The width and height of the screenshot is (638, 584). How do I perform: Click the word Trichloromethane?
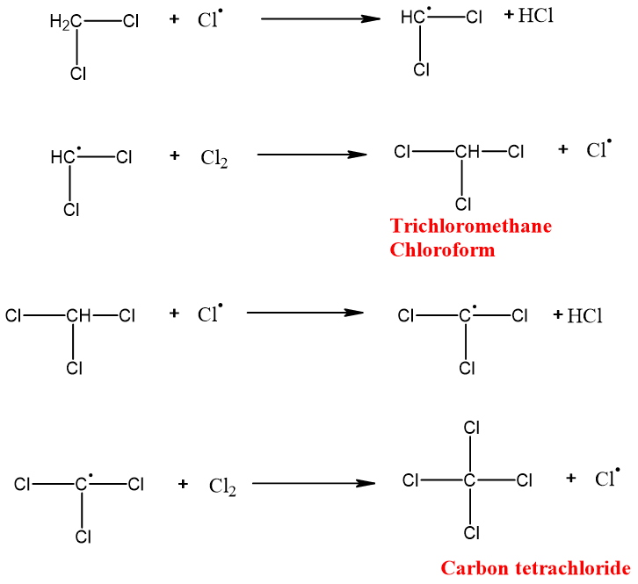pyautogui.click(x=471, y=227)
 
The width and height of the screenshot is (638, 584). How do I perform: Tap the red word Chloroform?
pyautogui.click(x=442, y=249)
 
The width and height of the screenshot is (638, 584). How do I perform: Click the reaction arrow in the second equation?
pyautogui.click(x=311, y=155)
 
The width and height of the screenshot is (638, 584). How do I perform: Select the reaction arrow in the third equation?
pyautogui.click(x=305, y=313)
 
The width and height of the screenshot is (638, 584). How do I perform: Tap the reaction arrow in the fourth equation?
pyautogui.click(x=308, y=483)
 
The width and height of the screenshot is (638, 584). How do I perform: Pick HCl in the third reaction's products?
pyautogui.click(x=584, y=316)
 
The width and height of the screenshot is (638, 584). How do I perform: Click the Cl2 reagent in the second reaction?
pyautogui.click(x=214, y=159)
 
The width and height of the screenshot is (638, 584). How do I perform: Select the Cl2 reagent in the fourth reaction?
pyautogui.click(x=222, y=487)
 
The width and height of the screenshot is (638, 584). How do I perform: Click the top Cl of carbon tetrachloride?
pyautogui.click(x=471, y=429)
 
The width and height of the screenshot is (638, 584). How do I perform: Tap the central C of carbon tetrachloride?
pyautogui.click(x=469, y=480)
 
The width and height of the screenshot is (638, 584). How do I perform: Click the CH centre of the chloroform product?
pyautogui.click(x=467, y=152)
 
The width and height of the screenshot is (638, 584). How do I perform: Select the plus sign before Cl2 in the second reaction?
pyautogui.click(x=175, y=155)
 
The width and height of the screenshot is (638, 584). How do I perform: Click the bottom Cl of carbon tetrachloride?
pyautogui.click(x=471, y=532)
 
